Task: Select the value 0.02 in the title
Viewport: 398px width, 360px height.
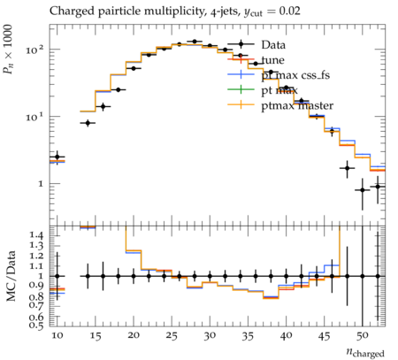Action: coord(289,11)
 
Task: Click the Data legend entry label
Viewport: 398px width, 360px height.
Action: coord(273,45)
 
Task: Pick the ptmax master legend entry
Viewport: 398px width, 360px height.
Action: coord(297,105)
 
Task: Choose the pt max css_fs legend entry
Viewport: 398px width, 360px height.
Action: coord(295,75)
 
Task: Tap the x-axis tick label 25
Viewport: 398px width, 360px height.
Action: coord(172,336)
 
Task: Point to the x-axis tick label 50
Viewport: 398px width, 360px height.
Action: coord(363,336)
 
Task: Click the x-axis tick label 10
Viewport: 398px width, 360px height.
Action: coord(57,336)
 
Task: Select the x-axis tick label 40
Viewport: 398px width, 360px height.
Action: coord(286,336)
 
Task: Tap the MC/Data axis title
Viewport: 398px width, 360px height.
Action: coord(11,276)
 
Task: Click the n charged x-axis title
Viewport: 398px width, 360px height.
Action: coord(365,352)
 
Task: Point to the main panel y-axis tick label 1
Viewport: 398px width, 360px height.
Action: coord(41,184)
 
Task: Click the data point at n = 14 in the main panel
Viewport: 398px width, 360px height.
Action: coord(88,123)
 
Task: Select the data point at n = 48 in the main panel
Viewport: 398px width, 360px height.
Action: coord(347,168)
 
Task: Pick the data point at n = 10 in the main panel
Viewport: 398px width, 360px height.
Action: coord(57,157)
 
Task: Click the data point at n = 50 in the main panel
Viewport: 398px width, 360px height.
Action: coord(363,190)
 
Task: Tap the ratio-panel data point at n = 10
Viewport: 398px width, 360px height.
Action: coord(57,276)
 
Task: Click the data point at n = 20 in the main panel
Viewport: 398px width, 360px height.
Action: coord(134,68)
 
